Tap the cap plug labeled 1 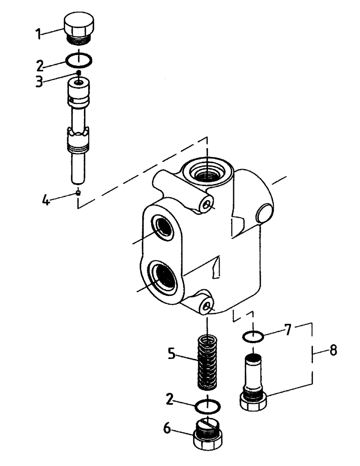coord(79,28)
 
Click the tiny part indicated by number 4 coord(80,192)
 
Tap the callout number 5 coord(171,355)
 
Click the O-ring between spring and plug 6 coord(208,406)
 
